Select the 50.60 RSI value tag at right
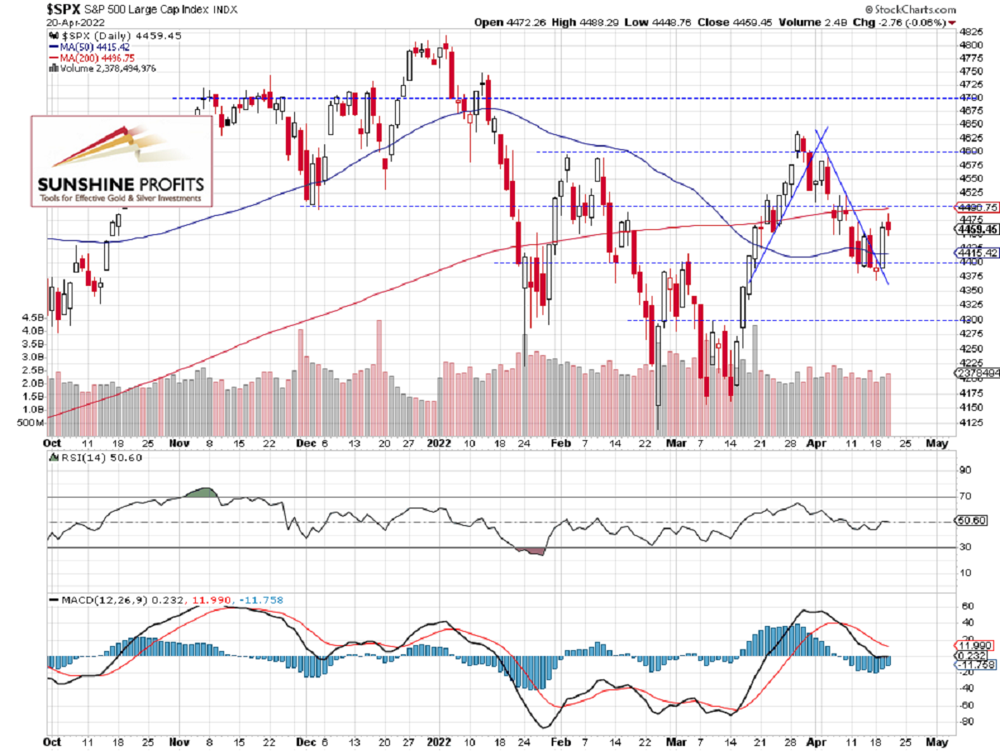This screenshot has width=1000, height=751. point(970,522)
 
